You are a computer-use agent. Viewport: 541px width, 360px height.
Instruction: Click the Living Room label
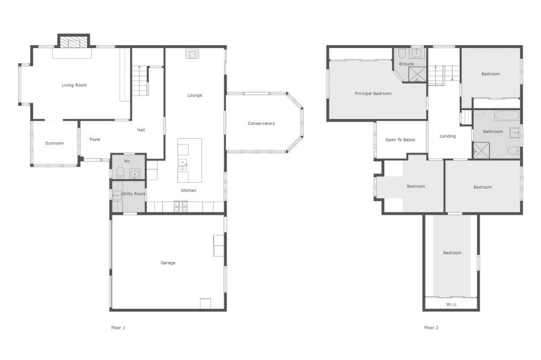(x=74, y=85)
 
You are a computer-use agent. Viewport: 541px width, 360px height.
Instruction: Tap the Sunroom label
(x=55, y=143)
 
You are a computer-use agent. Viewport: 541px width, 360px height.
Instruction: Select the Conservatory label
(x=261, y=123)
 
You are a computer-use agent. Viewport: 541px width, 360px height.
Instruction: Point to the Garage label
(x=168, y=263)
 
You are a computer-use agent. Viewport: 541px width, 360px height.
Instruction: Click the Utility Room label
(x=133, y=194)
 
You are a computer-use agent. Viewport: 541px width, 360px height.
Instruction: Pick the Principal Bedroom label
(x=373, y=93)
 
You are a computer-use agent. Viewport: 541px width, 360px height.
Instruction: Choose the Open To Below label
(x=400, y=139)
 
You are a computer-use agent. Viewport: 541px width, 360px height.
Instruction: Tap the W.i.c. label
(x=451, y=304)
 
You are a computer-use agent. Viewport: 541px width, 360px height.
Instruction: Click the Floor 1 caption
(x=118, y=328)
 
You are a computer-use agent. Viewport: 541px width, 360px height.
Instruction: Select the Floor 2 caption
(x=431, y=328)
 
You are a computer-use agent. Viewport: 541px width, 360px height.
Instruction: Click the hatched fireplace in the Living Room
(x=73, y=42)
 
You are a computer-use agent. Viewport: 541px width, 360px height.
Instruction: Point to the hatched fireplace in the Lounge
(x=192, y=53)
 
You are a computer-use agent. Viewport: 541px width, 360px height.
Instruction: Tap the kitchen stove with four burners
(x=181, y=206)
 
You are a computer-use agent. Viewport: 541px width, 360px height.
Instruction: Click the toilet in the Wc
(x=120, y=172)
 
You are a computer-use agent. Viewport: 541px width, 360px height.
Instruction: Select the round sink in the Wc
(x=134, y=174)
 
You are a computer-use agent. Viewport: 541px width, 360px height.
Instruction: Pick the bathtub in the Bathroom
(x=507, y=115)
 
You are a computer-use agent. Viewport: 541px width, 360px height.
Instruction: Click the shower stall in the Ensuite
(x=417, y=75)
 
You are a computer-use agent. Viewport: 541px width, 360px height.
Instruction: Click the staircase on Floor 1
(x=141, y=81)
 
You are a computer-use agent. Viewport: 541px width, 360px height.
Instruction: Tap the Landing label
(x=447, y=136)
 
